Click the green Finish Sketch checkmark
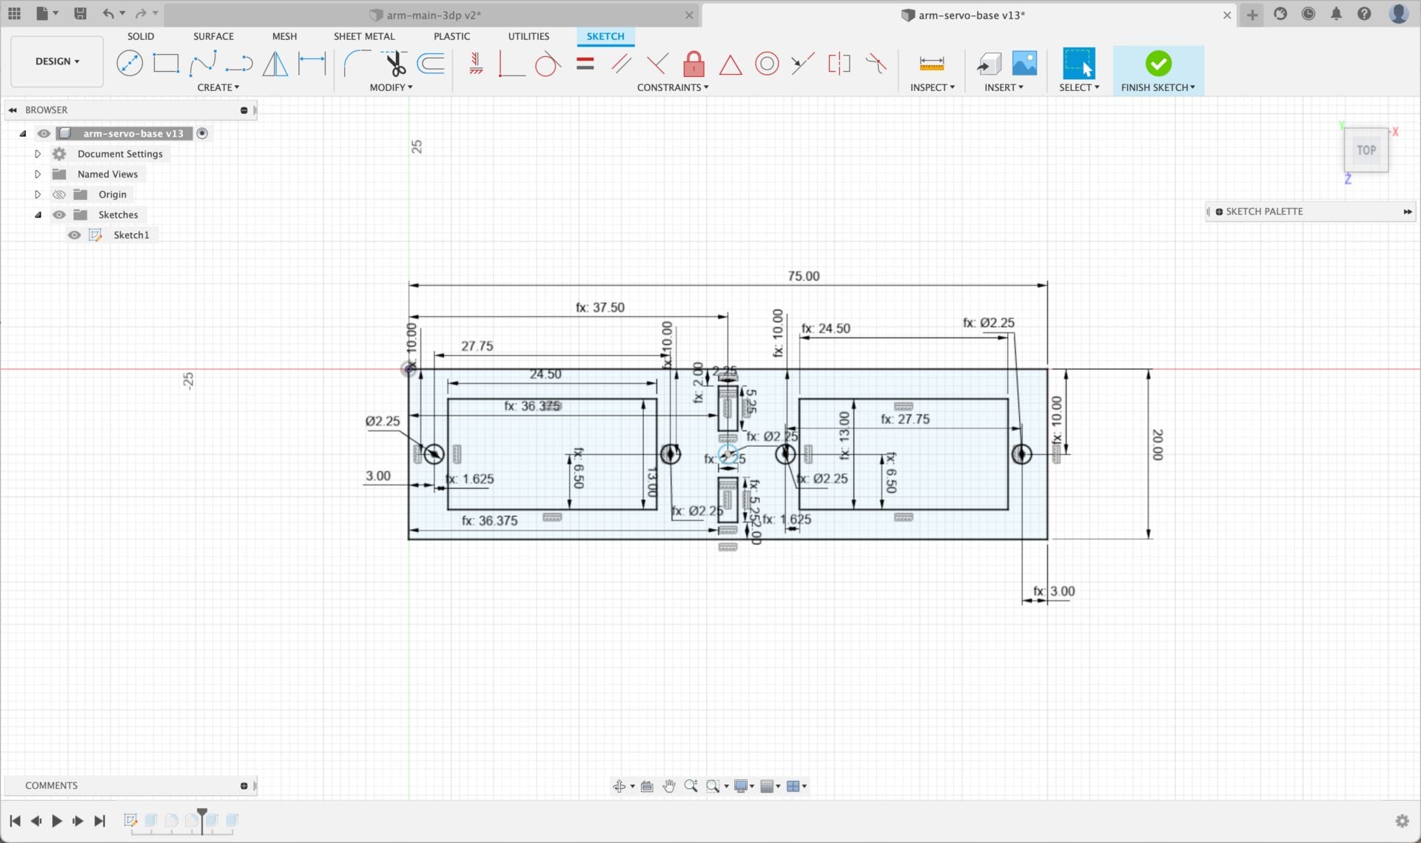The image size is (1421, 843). point(1158,64)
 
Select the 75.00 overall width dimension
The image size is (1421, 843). point(803,276)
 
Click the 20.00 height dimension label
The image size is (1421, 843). point(1158,444)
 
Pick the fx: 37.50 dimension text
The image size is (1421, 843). point(600,307)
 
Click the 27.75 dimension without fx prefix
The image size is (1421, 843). point(477,346)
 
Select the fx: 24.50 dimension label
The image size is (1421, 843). point(826,328)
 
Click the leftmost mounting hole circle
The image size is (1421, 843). point(434,454)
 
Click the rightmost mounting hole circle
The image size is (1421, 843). point(1021,454)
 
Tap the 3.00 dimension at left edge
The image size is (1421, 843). point(377,476)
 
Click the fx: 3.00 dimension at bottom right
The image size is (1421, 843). point(1054,591)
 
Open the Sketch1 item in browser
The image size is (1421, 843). point(131,235)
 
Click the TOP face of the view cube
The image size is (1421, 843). point(1365,150)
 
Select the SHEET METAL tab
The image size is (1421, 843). point(364,36)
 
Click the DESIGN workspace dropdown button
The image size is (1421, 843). point(57,61)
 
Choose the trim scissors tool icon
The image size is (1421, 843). point(396,64)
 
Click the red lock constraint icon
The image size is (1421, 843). point(693,64)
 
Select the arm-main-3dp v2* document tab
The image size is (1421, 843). point(433,15)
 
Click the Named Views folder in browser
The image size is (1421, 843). point(107,174)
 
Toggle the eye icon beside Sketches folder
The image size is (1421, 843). point(59,215)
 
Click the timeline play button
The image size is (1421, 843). point(56,820)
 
